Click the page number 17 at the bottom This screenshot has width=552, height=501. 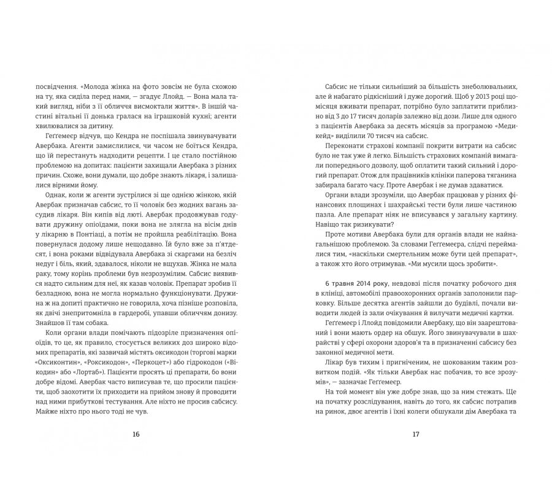point(415,434)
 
